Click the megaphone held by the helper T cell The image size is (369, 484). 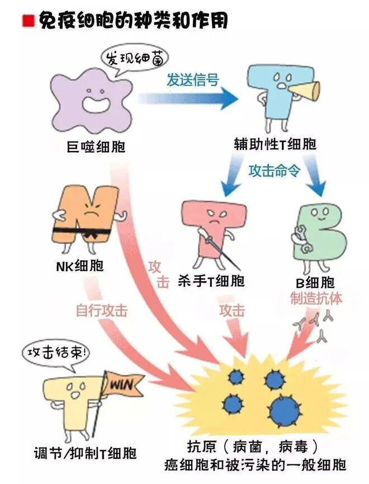(x=310, y=90)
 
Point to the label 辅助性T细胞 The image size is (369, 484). (x=275, y=144)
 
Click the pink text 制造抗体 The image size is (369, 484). (x=316, y=298)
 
